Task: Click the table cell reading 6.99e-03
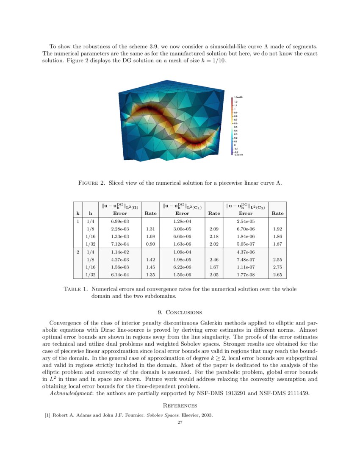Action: pyautogui.click(x=120, y=222)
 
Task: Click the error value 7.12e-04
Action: pyautogui.click(x=120, y=244)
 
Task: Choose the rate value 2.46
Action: pyautogui.click(x=213, y=259)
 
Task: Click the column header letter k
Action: pyautogui.click(x=77, y=213)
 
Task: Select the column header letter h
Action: pyautogui.click(x=90, y=213)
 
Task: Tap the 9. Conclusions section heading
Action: pyautogui.click(x=180, y=313)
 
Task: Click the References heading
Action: pyautogui.click(x=180, y=405)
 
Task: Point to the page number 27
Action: pyautogui.click(x=180, y=422)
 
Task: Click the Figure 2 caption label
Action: pyautogui.click(x=91, y=183)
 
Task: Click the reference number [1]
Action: pyautogui.click(x=47, y=415)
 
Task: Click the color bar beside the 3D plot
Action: pyautogui.click(x=232, y=127)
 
